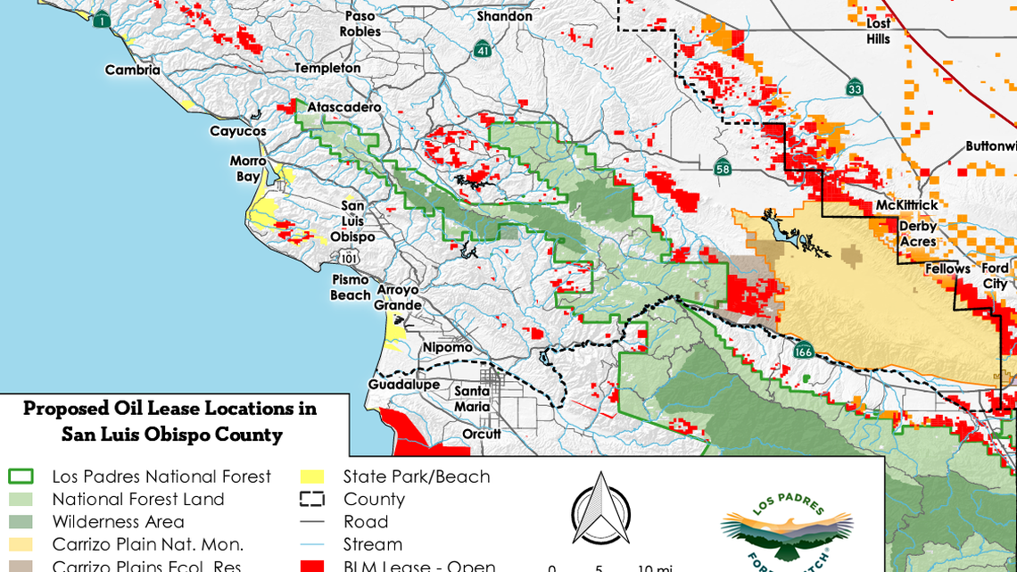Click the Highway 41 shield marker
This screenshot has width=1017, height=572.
[x=482, y=48]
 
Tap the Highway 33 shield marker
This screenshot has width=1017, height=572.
[x=855, y=87]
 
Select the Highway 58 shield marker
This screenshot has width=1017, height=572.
[x=723, y=167]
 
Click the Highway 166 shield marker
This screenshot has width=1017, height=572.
[x=804, y=350]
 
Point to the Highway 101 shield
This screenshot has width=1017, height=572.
[x=350, y=258]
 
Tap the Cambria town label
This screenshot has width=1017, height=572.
[x=133, y=70]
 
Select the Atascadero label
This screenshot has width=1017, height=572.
[x=344, y=107]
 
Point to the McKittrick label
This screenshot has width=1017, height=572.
[x=906, y=205]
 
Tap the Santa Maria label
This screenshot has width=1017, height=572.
[x=472, y=399]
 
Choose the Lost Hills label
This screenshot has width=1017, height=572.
[x=879, y=31]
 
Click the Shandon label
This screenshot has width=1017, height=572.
[x=504, y=16]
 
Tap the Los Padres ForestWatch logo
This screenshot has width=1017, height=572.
[x=787, y=531]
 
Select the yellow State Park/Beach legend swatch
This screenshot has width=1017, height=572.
[x=312, y=477]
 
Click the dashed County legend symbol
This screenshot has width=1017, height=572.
[x=312, y=499]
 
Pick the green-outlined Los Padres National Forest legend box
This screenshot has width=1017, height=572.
[x=21, y=477]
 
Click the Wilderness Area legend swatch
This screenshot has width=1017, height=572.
[x=21, y=521]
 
